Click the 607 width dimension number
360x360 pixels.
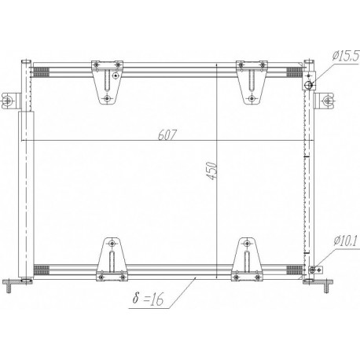(167, 134)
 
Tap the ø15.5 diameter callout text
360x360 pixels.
(345, 56)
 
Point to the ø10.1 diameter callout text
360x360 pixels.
(345, 241)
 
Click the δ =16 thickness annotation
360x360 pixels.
(148, 299)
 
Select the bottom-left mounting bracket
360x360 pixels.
(112, 259)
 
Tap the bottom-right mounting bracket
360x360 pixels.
(247, 259)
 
